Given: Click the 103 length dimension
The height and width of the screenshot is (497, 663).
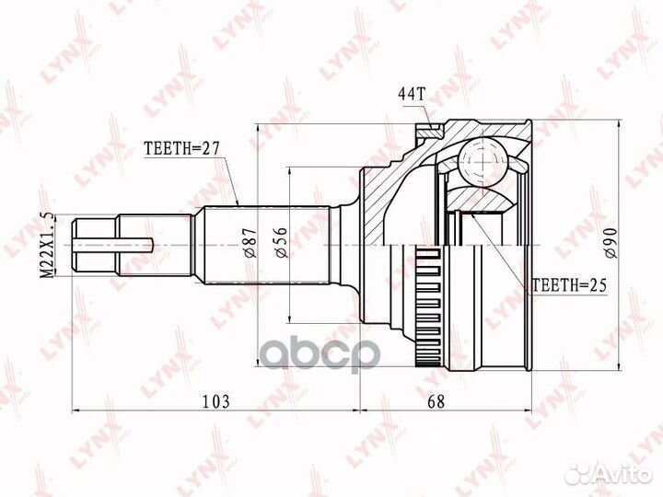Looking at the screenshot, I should (x=216, y=400).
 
